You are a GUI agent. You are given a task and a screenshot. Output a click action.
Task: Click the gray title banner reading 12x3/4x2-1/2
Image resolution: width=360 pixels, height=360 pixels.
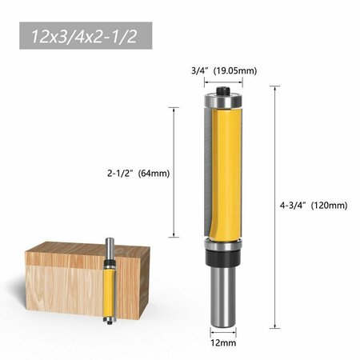pos(86,36)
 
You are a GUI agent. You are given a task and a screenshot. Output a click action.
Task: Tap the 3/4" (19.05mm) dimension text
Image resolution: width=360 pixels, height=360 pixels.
pos(224,71)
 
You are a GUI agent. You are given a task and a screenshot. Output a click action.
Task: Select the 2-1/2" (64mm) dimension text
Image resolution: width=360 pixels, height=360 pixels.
pos(138,174)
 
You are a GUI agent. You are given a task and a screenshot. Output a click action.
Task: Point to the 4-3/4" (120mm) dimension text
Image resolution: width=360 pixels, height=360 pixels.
pos(314,206)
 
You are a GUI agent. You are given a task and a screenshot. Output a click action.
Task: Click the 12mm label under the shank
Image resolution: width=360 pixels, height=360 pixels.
pos(223,342)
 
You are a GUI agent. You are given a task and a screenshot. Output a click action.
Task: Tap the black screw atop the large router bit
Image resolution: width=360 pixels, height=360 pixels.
pos(223,90)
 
